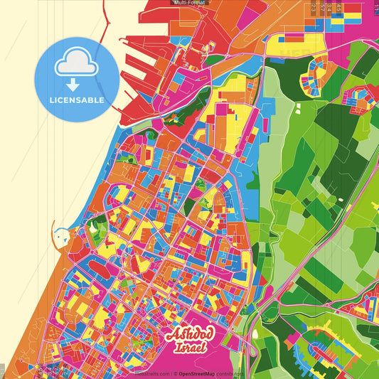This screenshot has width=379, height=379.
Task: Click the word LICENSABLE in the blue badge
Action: click(77, 100)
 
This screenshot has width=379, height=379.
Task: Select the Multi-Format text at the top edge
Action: click(190, 3)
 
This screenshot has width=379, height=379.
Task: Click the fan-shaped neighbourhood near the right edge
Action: click(360, 100)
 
